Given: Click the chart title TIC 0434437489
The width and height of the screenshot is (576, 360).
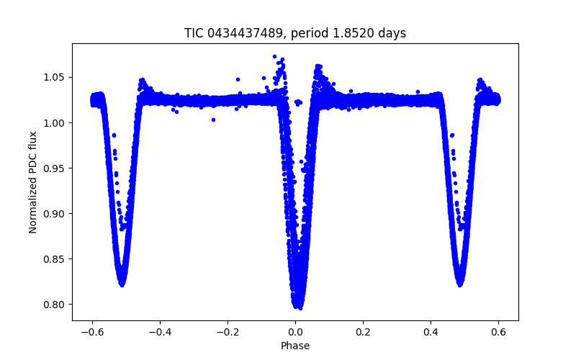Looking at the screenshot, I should click(x=295, y=33).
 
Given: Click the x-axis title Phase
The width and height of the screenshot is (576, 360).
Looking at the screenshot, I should click(x=295, y=346).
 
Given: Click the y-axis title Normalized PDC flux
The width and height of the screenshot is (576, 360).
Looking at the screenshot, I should click(x=33, y=181).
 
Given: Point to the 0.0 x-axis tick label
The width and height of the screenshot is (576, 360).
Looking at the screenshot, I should click(x=295, y=333).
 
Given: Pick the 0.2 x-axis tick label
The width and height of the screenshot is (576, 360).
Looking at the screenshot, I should click(x=363, y=333).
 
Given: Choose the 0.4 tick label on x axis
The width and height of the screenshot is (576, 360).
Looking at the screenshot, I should click(x=431, y=333).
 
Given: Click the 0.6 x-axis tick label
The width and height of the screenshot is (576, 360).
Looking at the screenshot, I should click(x=498, y=333).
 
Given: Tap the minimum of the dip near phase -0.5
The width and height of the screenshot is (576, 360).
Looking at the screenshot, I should click(x=122, y=284).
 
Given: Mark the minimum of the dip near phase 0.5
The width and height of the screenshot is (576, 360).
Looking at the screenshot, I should click(x=459, y=284).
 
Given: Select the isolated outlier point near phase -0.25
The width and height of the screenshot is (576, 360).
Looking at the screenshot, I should click(x=213, y=120).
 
